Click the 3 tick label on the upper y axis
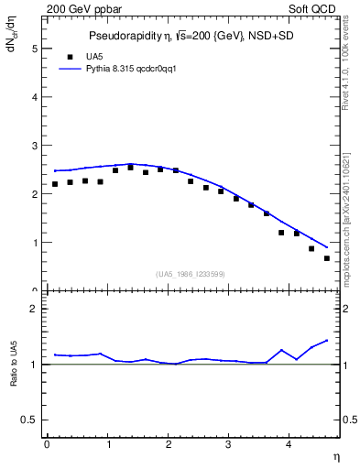[34, 146]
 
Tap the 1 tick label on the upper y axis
[34, 243]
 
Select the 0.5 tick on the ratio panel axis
[29, 420]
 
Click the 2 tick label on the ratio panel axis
[34, 310]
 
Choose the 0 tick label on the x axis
[47, 444]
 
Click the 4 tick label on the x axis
[289, 444]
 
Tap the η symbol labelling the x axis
[336, 455]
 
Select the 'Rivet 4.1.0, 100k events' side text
[348, 70]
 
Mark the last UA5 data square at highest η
[327, 258]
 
